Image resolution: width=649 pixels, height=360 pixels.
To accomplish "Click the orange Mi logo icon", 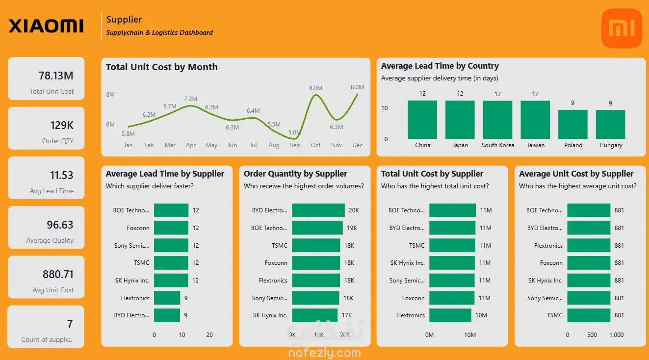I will pyautogui.click(x=621, y=28).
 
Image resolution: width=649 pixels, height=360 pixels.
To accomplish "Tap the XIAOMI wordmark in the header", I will pyautogui.click(x=46, y=26).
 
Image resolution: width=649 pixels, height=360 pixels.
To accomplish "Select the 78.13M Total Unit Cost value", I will pyautogui.click(x=56, y=76).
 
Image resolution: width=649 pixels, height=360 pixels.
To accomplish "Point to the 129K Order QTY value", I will pyautogui.click(x=62, y=125).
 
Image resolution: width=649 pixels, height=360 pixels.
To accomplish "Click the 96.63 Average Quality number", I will pyautogui.click(x=60, y=225).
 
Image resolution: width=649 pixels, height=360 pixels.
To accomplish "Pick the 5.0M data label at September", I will pyautogui.click(x=294, y=132).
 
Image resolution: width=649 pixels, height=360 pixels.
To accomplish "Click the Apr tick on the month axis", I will pyautogui.click(x=191, y=145).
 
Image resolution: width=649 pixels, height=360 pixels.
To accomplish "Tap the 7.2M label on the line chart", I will pyautogui.click(x=190, y=99).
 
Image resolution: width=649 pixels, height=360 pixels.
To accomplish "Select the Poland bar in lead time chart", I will pyautogui.click(x=573, y=124).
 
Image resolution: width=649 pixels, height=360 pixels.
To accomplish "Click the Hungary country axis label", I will pyautogui.click(x=611, y=145).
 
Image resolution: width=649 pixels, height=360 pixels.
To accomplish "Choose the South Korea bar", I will pyautogui.click(x=497, y=120).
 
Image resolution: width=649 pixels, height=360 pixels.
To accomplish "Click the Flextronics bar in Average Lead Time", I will pyautogui.click(x=167, y=298).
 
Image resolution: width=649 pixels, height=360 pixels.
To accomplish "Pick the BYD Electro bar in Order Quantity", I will pyautogui.click(x=318, y=210).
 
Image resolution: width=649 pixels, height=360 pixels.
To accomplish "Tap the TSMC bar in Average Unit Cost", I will pyautogui.click(x=589, y=315).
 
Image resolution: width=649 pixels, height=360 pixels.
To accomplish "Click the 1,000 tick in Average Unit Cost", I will pyautogui.click(x=617, y=335).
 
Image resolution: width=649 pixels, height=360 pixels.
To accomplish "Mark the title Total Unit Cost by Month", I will pyautogui.click(x=161, y=67).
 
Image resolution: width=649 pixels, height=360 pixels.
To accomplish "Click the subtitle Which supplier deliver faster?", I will pyautogui.click(x=150, y=186).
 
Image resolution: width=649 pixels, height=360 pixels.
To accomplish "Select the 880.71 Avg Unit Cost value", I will pyautogui.click(x=58, y=274).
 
